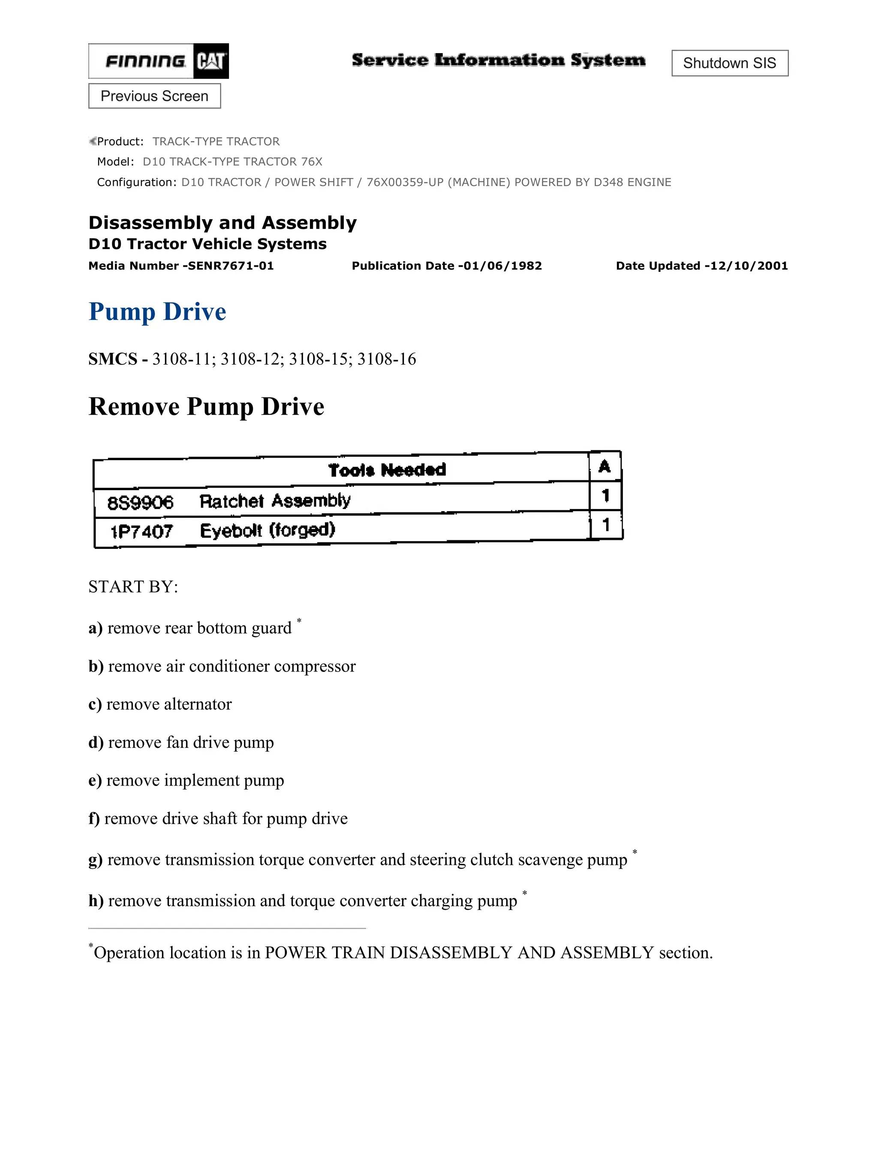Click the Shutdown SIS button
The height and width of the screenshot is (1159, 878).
729,63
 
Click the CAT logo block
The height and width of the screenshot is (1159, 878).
210,61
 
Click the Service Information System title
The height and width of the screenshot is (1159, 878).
498,60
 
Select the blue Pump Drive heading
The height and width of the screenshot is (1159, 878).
157,312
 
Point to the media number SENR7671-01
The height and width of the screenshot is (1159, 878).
231,266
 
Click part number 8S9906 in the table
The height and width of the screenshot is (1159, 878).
140,503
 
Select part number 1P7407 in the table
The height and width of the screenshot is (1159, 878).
141,532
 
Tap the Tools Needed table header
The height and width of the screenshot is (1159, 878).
387,470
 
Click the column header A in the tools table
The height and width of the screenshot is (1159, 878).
604,467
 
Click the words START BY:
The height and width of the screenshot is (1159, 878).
133,587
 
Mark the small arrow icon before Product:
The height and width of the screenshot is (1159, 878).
92,141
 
